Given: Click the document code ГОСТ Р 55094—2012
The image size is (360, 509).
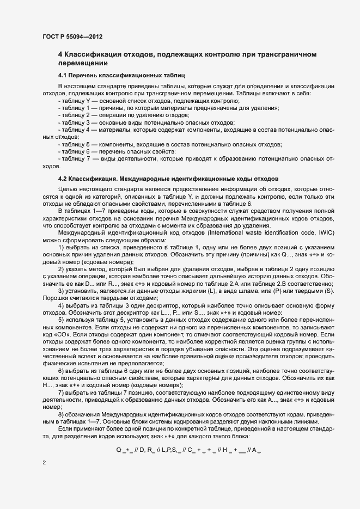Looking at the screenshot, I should (72, 36).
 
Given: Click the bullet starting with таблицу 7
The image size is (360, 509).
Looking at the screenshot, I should (196, 158).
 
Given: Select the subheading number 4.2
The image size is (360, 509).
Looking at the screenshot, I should (64, 179).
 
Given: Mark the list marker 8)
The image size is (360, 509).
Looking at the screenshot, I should (62, 414).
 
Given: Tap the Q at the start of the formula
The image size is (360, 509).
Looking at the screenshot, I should (119, 450).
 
